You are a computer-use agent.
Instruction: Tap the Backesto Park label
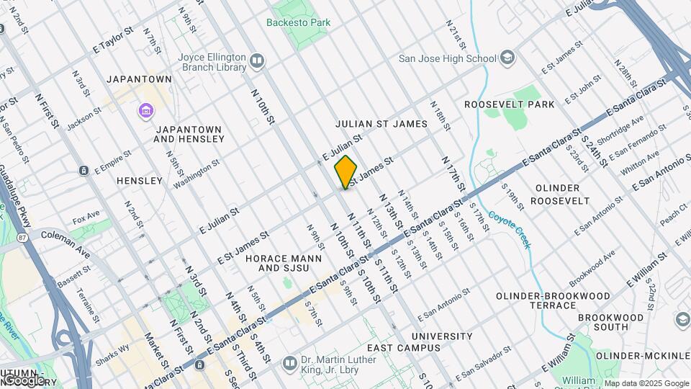pos(298,22)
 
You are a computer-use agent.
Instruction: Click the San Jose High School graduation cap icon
pos(507,58)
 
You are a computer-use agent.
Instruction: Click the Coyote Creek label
pos(510,229)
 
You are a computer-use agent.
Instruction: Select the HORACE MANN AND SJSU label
pos(277,263)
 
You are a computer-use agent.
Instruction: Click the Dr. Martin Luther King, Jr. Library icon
pos(289,362)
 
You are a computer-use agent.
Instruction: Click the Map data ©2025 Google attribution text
pos(646,383)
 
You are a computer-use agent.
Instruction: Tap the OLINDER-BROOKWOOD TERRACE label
pos(556,300)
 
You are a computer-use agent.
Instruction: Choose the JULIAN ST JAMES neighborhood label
pos(381,124)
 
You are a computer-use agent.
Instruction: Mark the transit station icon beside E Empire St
pos(83,170)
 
